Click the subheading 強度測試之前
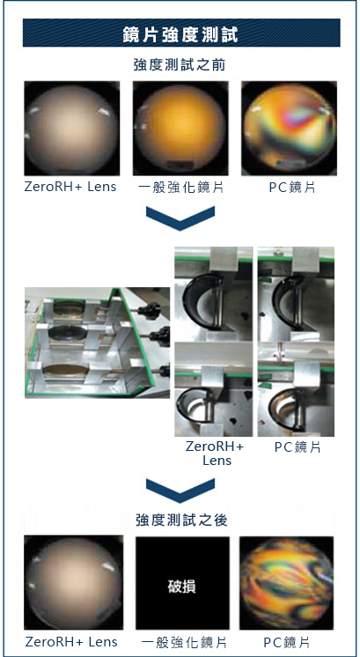pos(181,65)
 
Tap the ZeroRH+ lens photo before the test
pos(70,129)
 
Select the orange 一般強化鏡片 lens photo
pos(180,129)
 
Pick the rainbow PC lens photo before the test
pos(290,129)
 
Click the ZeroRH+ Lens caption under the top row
pos(70,188)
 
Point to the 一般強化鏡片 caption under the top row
pos(181,188)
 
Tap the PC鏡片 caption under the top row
pos(291,188)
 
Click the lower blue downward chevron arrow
pos(181,490)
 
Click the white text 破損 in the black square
pos(181,585)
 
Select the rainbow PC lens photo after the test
pos(287,581)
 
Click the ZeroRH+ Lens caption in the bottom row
pos(70,642)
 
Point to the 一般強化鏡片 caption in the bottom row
pos(181,642)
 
